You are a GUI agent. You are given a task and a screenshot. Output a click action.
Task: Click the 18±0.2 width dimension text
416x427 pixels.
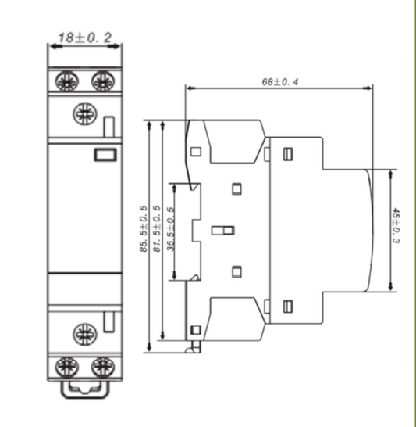pyautogui.click(x=86, y=36)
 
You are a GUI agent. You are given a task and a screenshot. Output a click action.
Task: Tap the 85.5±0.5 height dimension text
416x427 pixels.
pyautogui.click(x=144, y=230)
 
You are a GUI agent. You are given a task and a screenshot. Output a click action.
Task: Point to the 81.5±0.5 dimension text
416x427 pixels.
pyautogui.click(x=156, y=230)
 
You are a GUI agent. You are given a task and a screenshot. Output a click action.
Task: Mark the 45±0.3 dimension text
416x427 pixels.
pyautogui.click(x=396, y=227)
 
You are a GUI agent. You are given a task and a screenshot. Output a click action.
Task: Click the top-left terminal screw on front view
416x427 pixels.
pyautogui.click(x=67, y=80)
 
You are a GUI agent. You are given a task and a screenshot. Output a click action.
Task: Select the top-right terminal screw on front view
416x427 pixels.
pyautogui.click(x=101, y=80)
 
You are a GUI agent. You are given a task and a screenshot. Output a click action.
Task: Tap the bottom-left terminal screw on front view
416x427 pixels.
pyautogui.click(x=67, y=366)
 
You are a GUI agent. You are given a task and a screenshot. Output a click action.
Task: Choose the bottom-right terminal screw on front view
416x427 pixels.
pyautogui.click(x=101, y=366)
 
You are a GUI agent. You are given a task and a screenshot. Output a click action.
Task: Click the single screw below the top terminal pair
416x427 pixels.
pyautogui.click(x=83, y=114)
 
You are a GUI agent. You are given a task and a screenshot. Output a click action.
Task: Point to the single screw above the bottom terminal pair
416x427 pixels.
pyautogui.click(x=83, y=333)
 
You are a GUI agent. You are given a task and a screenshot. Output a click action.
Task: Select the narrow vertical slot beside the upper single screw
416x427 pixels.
pyautogui.click(x=109, y=126)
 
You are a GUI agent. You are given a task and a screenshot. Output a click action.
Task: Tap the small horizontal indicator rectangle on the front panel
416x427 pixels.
pyautogui.click(x=103, y=154)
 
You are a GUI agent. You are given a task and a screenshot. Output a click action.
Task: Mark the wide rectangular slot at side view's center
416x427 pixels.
pyautogui.click(x=223, y=231)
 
